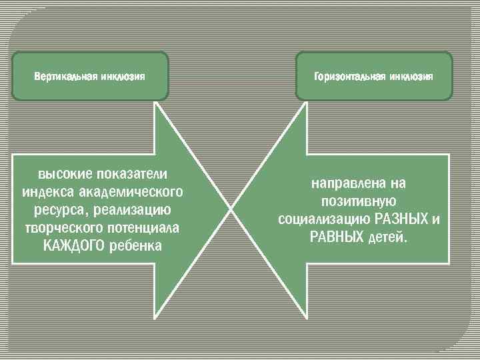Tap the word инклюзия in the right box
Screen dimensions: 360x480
click(x=407, y=76)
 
